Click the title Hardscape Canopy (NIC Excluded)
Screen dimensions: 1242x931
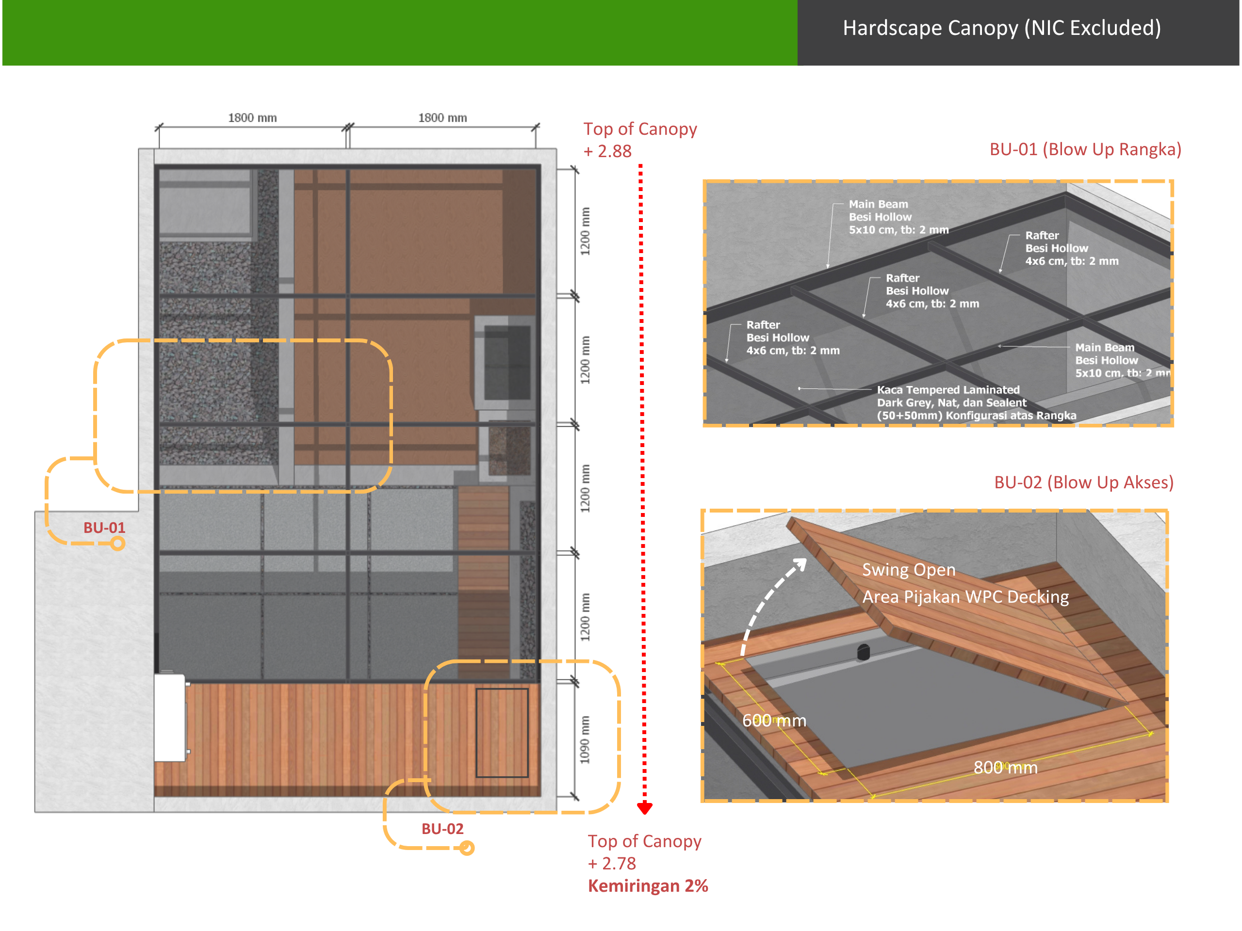[1002, 28]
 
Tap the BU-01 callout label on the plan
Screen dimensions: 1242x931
[104, 528]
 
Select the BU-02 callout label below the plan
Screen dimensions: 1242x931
[442, 829]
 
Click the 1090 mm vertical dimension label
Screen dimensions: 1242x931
[585, 739]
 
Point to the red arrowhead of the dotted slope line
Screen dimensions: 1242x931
[645, 808]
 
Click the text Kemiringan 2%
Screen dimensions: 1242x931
[648, 885]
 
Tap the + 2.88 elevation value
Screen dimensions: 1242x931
[607, 151]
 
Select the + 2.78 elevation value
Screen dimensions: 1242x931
[612, 863]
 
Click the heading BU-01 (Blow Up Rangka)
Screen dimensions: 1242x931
[1085, 149]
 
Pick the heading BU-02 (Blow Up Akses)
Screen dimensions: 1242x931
[1084, 482]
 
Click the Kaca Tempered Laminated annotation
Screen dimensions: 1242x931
[948, 389]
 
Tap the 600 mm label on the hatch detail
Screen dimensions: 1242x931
[774, 721]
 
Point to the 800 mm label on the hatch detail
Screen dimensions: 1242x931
[1005, 767]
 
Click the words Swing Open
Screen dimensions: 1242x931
[909, 570]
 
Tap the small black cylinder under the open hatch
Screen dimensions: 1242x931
[863, 652]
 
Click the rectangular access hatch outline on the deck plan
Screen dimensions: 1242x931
[502, 732]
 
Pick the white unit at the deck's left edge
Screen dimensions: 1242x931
[170, 718]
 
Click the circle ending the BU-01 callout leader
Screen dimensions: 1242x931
[117, 543]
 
